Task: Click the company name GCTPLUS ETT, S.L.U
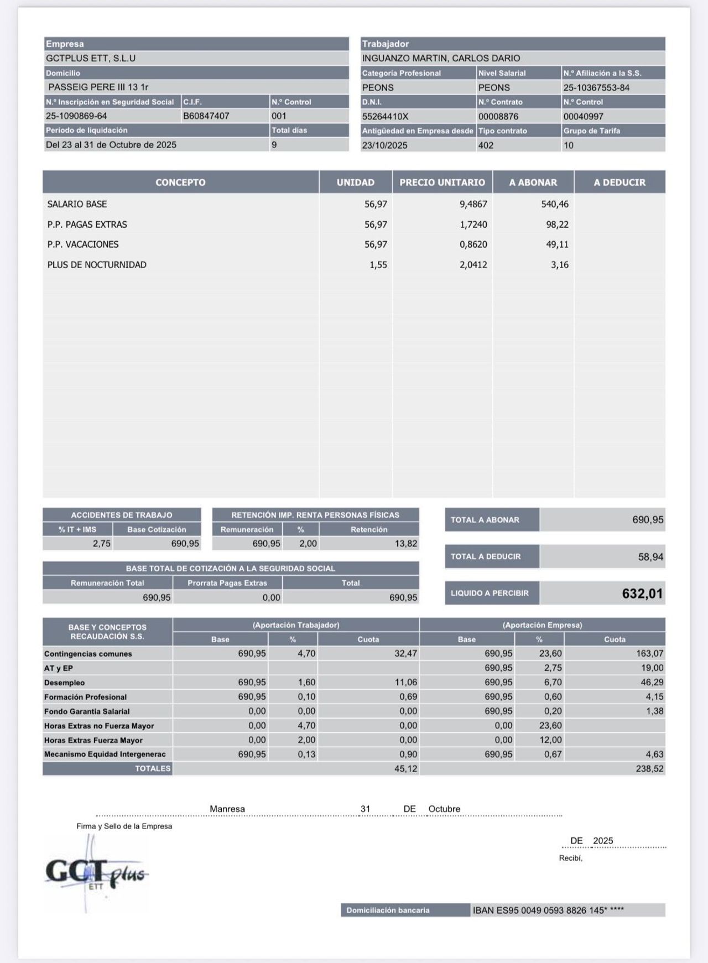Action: click(x=91, y=58)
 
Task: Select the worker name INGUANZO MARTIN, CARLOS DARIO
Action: click(x=441, y=58)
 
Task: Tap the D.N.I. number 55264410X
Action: click(x=385, y=117)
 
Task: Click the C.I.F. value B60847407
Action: click(x=206, y=116)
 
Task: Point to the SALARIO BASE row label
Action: click(x=77, y=204)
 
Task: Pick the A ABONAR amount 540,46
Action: click(x=554, y=204)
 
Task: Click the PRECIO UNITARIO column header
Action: click(x=442, y=183)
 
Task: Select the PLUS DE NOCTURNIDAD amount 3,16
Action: click(x=559, y=265)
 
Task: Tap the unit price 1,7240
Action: click(x=473, y=225)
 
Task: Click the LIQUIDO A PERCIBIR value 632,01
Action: click(x=642, y=594)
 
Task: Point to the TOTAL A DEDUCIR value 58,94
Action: click(x=650, y=557)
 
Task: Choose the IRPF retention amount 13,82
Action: click(x=405, y=544)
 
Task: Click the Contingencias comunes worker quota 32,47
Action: click(x=405, y=654)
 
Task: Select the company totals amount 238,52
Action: click(x=649, y=769)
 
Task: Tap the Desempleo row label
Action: click(x=65, y=683)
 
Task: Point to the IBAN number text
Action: click(x=548, y=910)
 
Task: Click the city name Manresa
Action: click(x=227, y=809)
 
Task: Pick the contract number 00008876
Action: click(x=498, y=117)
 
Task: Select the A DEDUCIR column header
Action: click(x=619, y=183)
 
